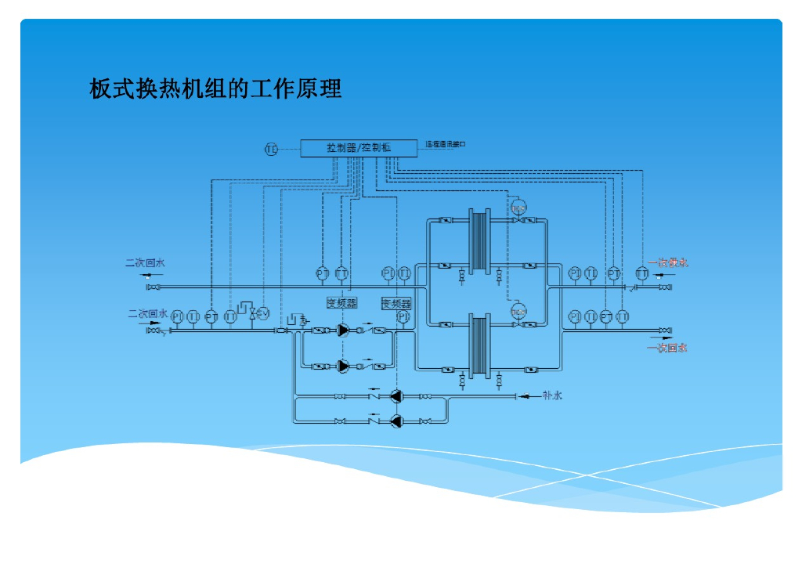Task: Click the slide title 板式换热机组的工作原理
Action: point(215,88)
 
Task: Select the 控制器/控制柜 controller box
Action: point(359,147)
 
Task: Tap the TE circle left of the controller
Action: point(271,148)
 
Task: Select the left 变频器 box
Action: point(341,302)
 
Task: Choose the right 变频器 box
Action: point(396,303)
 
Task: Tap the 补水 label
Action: point(552,395)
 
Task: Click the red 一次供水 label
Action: point(668,263)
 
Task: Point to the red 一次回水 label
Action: point(667,347)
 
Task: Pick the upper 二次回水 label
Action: point(145,263)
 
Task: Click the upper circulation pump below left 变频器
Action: point(343,330)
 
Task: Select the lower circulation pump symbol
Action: point(343,366)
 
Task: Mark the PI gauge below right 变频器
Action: point(403,317)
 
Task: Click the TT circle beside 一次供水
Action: point(642,273)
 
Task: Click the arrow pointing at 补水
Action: point(526,395)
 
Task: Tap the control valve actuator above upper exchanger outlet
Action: point(518,208)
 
